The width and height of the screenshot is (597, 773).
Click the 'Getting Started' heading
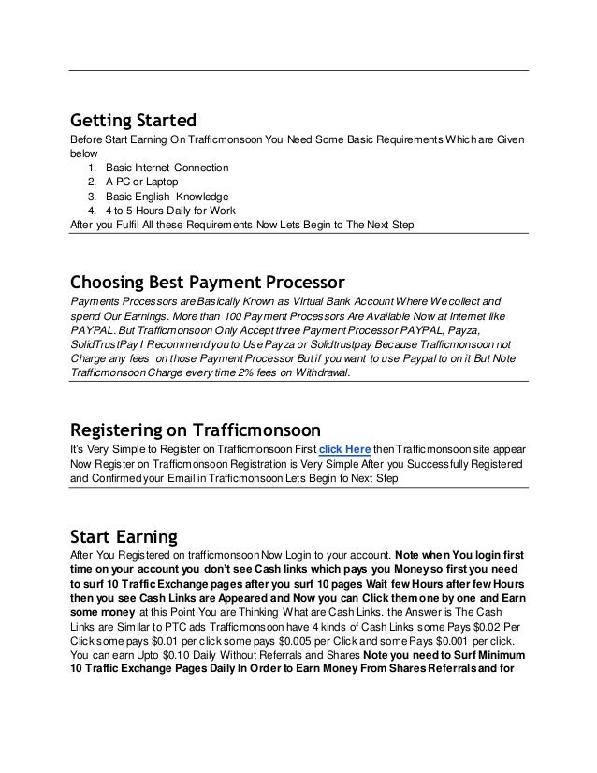134,121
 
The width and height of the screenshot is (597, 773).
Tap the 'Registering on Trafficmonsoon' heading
196,430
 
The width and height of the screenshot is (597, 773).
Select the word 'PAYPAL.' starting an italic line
95,330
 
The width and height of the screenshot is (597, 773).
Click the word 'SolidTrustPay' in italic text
109,344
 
